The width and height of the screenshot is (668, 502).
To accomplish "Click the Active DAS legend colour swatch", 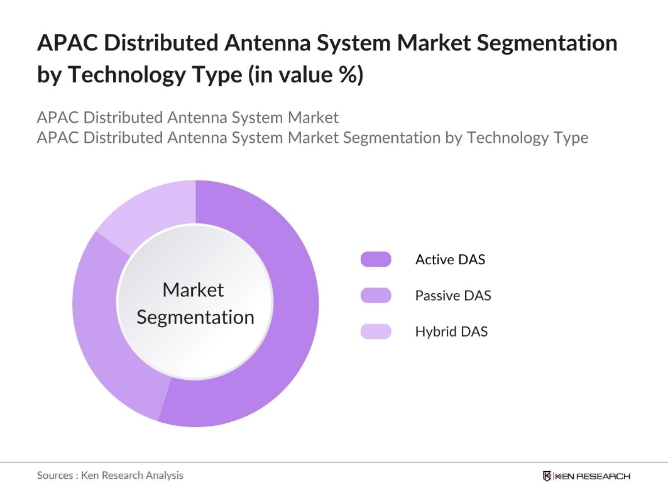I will pos(376,259).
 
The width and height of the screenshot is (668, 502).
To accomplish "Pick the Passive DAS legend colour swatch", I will pos(376,295).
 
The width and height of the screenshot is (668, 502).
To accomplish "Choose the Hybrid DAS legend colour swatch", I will pos(376,332).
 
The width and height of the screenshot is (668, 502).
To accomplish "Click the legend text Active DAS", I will pos(450,259).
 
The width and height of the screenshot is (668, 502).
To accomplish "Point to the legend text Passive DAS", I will pos(452,295).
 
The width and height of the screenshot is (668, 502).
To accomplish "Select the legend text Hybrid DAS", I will pos(451,332).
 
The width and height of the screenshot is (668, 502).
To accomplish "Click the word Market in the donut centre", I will pos(193,290).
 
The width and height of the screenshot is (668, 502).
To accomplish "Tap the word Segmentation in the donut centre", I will pos(195,317).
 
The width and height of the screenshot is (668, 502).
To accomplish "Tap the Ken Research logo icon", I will pos(547,476).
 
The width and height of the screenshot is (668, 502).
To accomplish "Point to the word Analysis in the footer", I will pos(165,476).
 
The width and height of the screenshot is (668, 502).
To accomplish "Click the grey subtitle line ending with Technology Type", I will pos(312,137).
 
